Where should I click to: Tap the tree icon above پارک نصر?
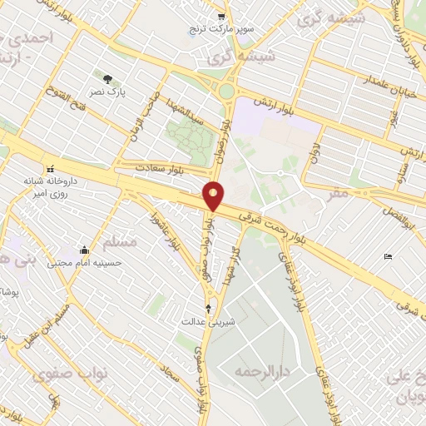pos(108,79)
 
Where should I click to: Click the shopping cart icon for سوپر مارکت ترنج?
pos(220,16)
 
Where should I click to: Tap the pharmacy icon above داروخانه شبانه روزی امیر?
pos(52,166)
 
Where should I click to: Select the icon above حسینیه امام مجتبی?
pos(84,250)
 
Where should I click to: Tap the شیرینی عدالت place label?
pos(208,320)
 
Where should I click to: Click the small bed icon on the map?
pos(388,256)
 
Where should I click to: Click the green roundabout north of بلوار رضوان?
pos(225,90)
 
